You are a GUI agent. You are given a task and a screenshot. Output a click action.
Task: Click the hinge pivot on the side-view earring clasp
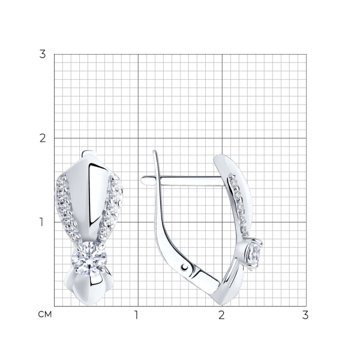click(x=184, y=267)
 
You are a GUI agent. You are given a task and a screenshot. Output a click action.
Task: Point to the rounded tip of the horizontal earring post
click(x=143, y=180)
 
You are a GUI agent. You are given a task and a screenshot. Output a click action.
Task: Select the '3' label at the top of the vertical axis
click(x=43, y=55)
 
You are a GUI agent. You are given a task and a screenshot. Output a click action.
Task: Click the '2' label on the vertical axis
click(x=43, y=138)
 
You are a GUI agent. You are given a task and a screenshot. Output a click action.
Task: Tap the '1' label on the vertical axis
click(x=41, y=222)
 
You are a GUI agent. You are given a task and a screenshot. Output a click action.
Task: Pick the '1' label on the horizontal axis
click(x=136, y=315)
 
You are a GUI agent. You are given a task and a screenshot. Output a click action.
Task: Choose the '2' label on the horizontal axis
click(x=221, y=315)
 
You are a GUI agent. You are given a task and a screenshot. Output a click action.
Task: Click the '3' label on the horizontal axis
click(x=305, y=315)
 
